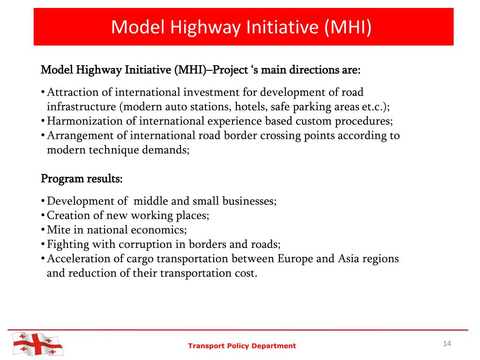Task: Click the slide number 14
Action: coord(446,344)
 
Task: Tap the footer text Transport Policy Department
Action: coord(242,346)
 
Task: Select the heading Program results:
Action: coord(82,179)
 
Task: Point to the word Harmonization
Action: coord(82,121)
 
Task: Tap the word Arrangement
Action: coord(77,136)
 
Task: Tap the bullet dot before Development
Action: coord(43,202)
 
